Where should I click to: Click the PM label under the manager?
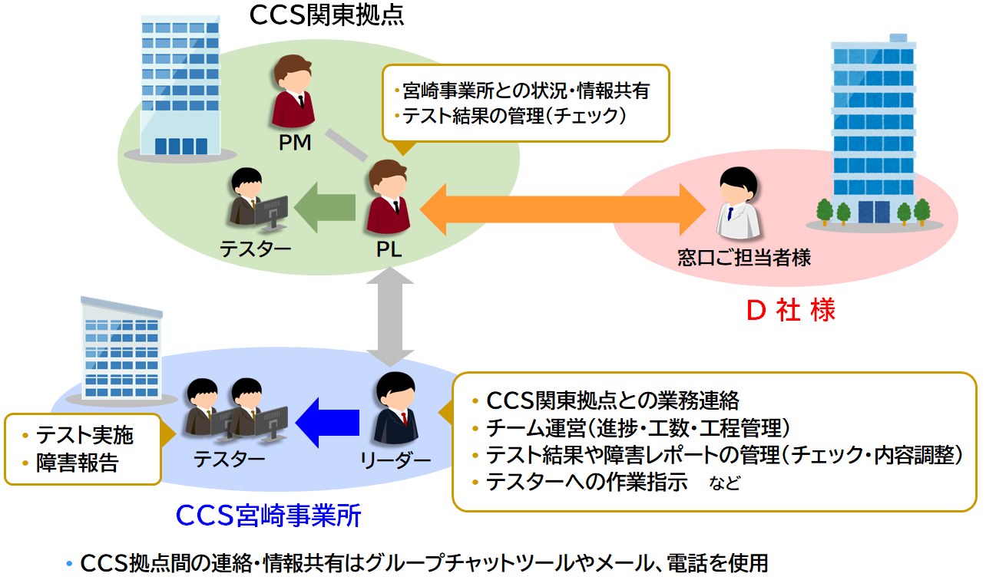(295, 143)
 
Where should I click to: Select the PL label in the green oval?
(389, 249)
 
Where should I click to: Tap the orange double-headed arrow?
(563, 209)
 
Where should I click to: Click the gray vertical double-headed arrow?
(390, 317)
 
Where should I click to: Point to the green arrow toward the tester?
(324, 207)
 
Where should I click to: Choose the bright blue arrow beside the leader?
(327, 423)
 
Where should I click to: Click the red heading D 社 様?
(791, 310)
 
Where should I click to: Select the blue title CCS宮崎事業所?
(269, 515)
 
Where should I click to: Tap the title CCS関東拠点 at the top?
(326, 15)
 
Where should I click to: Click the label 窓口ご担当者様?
(744, 258)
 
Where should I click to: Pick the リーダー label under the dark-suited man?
(395, 460)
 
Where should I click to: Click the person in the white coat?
(738, 203)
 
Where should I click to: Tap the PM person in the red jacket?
(293, 91)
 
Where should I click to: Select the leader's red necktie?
(404, 419)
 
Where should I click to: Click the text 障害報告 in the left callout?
(78, 463)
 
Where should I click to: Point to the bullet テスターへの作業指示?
(587, 482)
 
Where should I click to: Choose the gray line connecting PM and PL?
(346, 145)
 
